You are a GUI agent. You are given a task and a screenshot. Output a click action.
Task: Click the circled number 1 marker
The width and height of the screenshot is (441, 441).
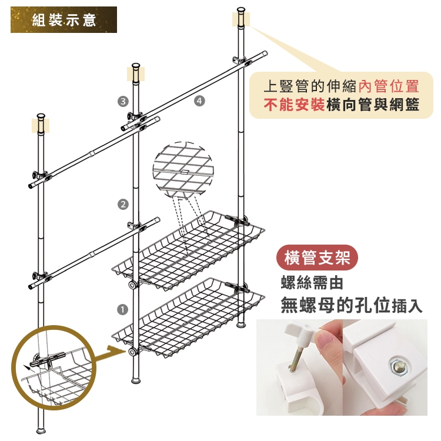(122, 310)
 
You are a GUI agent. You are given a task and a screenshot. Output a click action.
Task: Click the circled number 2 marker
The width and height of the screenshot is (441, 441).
(123, 205)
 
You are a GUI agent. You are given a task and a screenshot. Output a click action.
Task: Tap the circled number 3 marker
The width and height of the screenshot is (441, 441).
(123, 101)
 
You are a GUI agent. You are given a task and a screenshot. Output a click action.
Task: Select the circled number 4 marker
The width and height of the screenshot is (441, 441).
(199, 101)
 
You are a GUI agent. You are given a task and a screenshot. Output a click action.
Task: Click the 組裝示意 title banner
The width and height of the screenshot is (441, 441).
(64, 19)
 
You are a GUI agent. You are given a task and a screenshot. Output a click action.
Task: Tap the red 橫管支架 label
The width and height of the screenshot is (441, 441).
(318, 258)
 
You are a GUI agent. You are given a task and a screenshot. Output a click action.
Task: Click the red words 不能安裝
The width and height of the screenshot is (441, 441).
(294, 105)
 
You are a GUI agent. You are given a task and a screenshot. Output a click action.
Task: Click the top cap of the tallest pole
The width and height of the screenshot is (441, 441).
(241, 11)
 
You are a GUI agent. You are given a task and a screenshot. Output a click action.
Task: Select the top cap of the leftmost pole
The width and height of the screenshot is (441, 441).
(41, 117)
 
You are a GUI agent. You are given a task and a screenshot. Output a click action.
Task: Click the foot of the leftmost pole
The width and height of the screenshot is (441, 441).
(41, 431)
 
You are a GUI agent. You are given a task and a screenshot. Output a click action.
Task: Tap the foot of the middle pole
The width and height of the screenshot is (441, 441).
(136, 381)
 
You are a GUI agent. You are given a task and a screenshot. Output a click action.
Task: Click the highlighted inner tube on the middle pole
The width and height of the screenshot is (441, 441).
(136, 74)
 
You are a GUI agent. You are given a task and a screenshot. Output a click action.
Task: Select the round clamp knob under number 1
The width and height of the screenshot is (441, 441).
(133, 352)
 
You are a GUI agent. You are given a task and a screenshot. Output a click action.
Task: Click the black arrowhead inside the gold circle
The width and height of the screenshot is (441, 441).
(26, 367)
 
